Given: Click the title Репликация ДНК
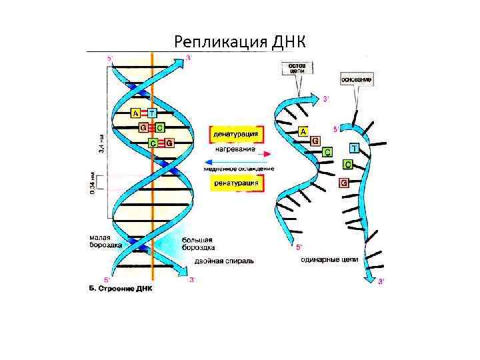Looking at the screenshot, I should click(239, 42).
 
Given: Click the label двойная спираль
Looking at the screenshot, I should click(223, 261).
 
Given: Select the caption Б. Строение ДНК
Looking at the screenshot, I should click(121, 289).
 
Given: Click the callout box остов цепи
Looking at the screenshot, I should click(297, 69).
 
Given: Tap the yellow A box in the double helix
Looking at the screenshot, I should click(135, 113).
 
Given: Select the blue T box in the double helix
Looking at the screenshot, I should click(152, 113).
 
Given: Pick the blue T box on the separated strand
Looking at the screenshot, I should click(353, 147).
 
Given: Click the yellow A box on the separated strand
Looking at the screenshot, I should click(304, 131).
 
